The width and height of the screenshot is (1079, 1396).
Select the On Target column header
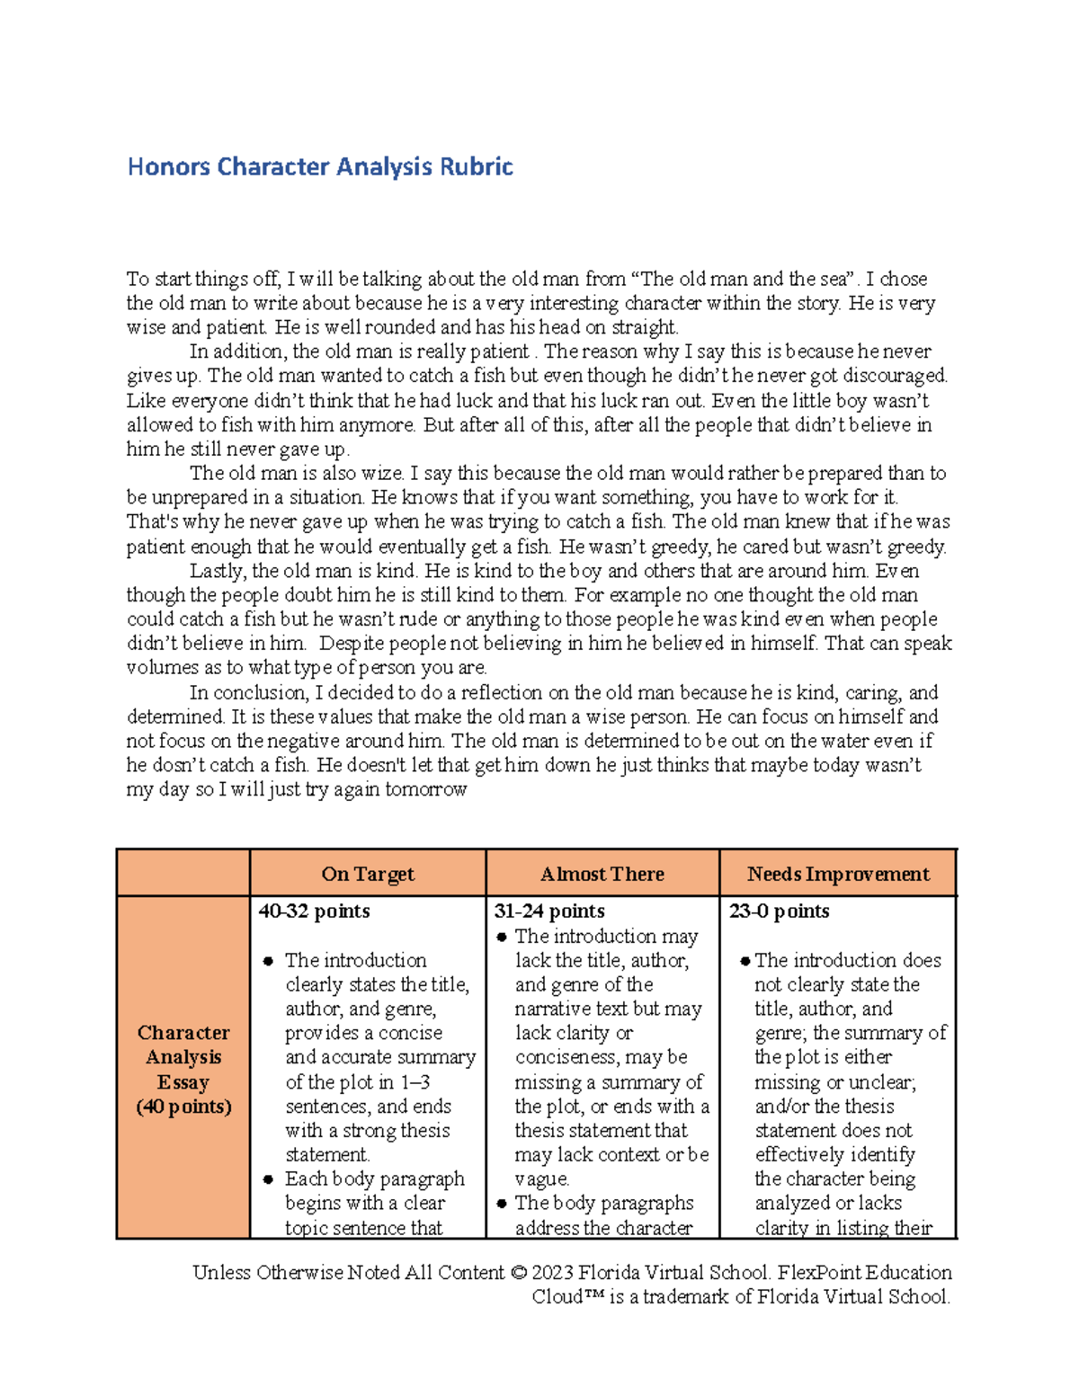[x=368, y=874]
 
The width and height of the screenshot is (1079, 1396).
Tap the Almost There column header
[x=602, y=874]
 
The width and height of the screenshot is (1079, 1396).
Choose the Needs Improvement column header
[x=838, y=874]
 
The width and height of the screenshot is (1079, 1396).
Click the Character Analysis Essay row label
[x=183, y=1069]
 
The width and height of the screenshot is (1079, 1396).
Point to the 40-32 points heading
[x=314, y=911]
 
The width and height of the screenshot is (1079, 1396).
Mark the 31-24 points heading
[x=548, y=911]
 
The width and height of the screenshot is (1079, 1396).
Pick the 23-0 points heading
[x=779, y=911]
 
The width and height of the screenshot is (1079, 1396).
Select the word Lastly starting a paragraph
[x=217, y=571]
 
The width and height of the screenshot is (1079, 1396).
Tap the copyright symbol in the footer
[x=517, y=1273]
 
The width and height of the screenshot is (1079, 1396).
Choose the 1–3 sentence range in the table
[x=415, y=1082]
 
